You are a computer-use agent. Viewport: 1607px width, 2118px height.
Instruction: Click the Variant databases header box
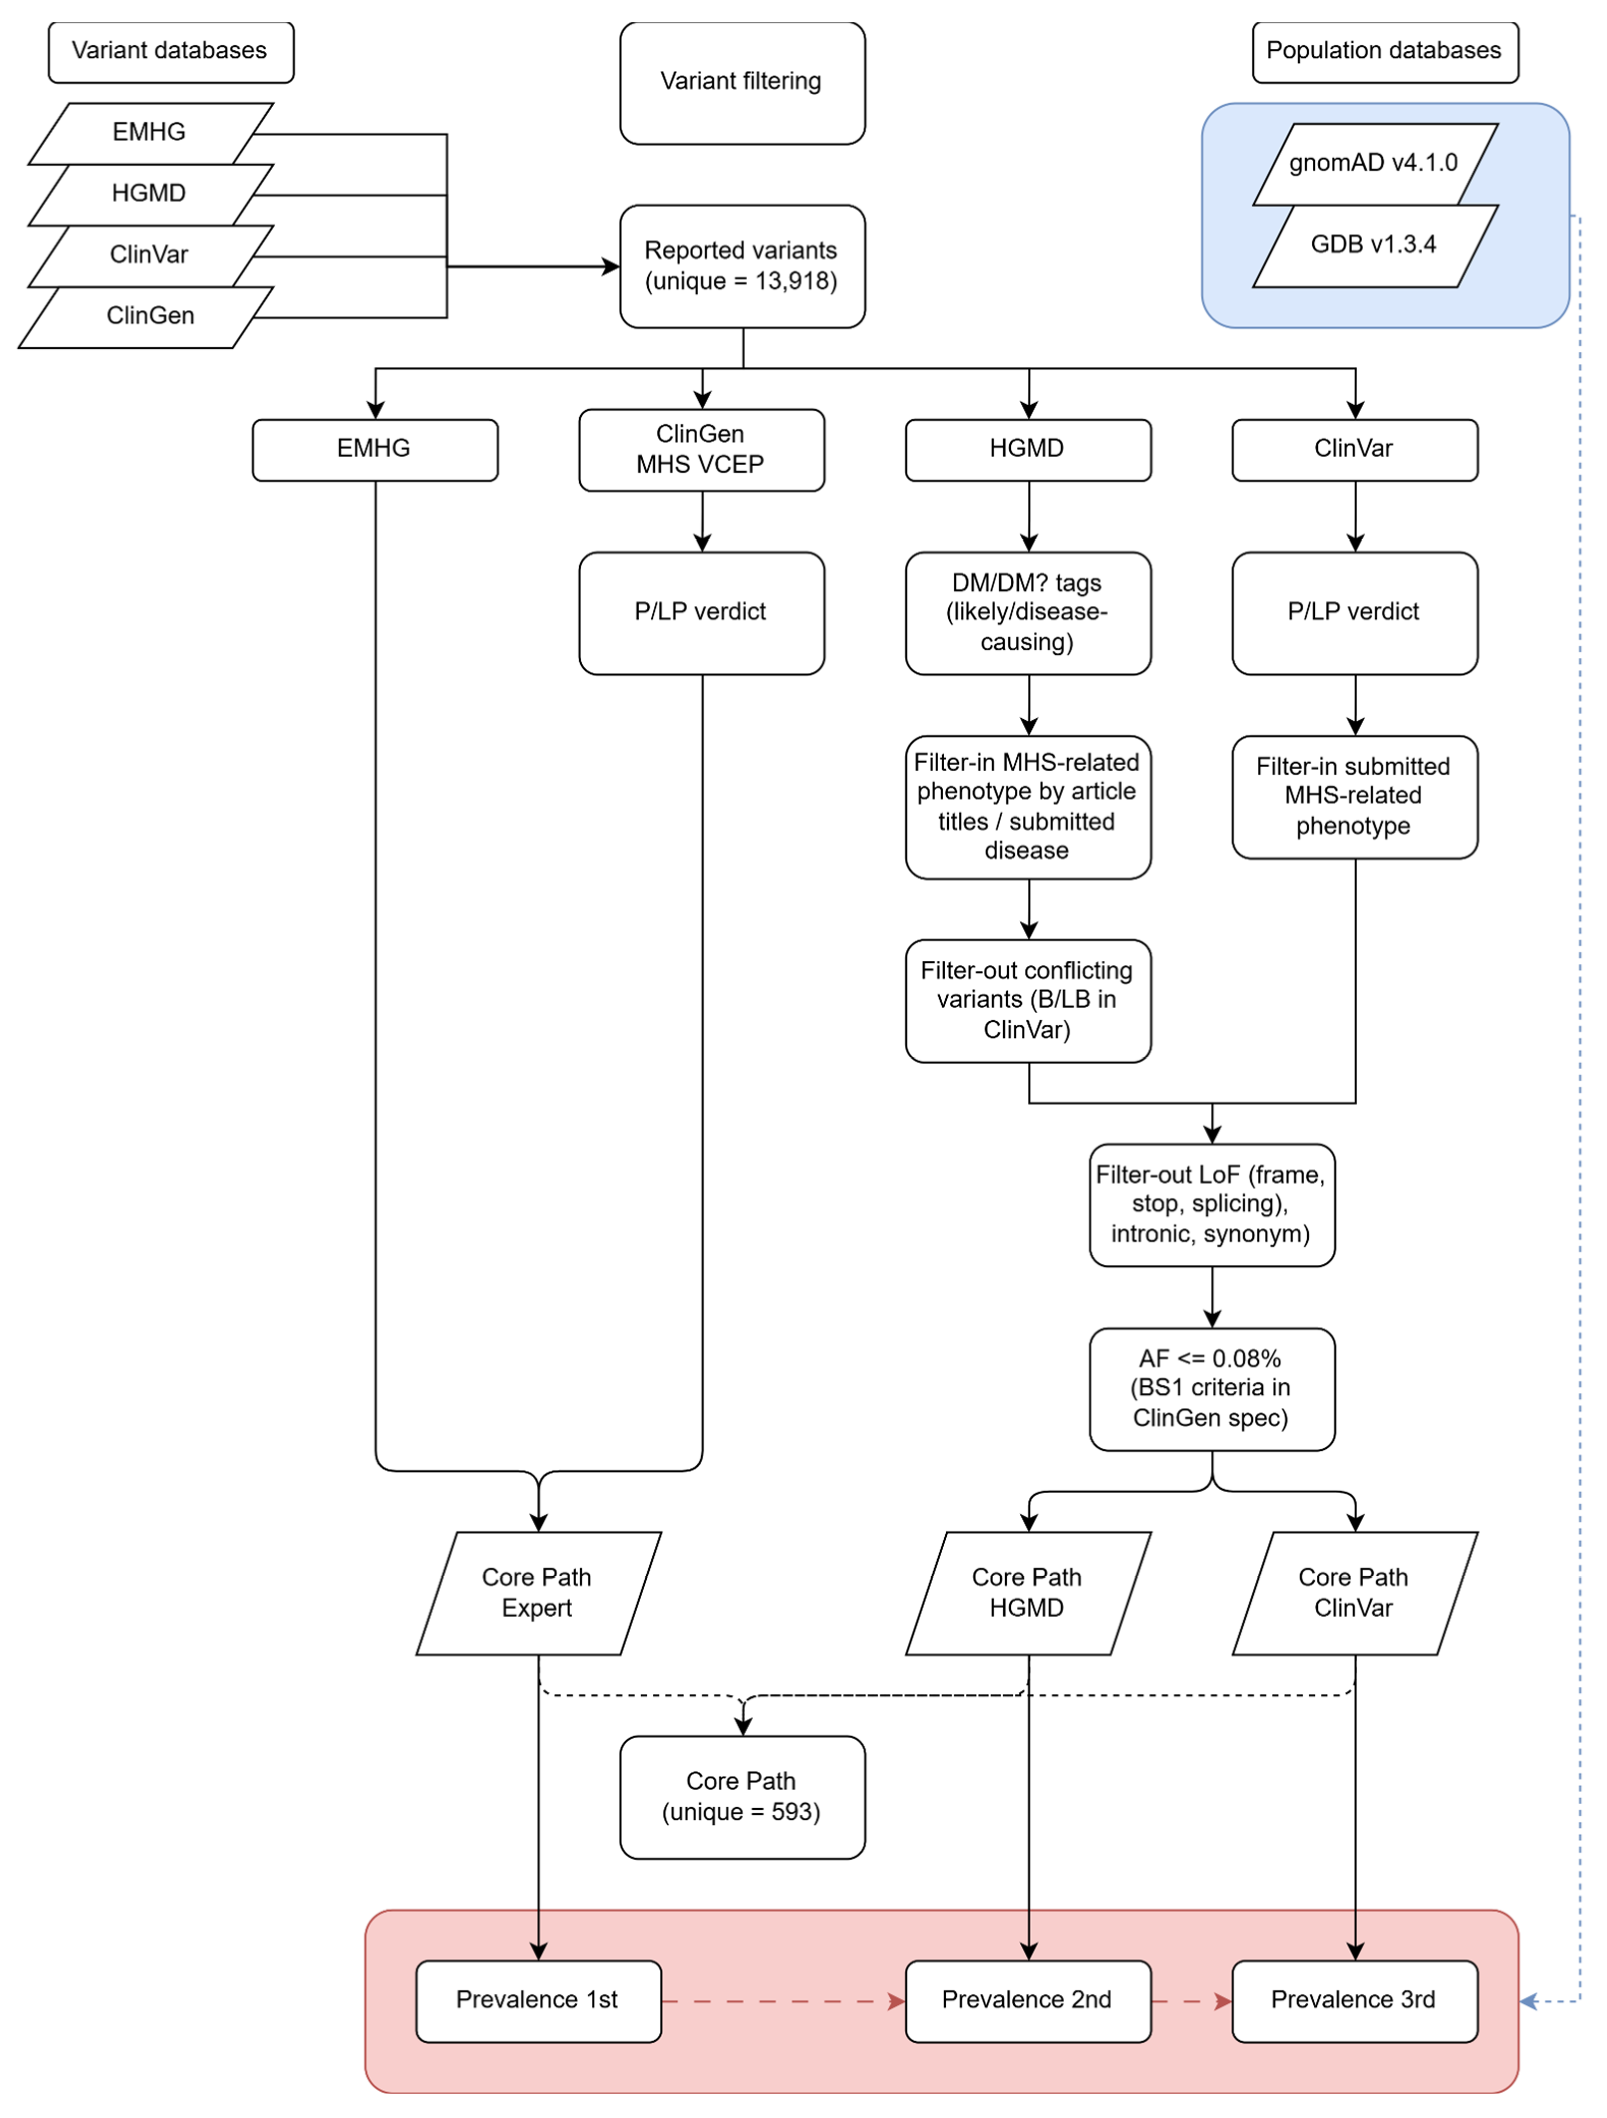(170, 52)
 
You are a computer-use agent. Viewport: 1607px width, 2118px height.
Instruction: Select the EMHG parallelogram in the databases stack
(151, 133)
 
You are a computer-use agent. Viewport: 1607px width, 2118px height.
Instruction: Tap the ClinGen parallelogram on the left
(146, 317)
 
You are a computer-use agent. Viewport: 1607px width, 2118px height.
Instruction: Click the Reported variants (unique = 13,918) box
(742, 266)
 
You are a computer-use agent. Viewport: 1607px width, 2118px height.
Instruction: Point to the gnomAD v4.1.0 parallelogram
(1375, 164)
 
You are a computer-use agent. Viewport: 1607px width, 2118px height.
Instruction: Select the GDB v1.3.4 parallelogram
(1375, 246)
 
